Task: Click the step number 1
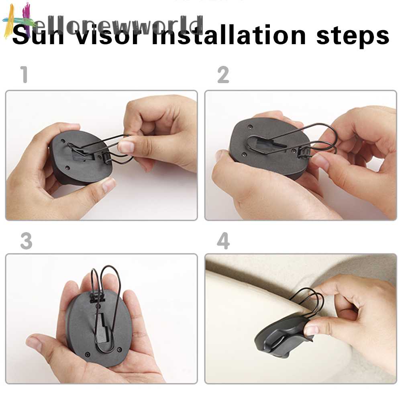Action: coord(25,75)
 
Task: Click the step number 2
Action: coord(223,75)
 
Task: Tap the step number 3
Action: coord(26,241)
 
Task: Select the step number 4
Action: coord(223,241)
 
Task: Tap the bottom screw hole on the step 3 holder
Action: coord(88,354)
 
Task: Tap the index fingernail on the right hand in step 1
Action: coord(126,146)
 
